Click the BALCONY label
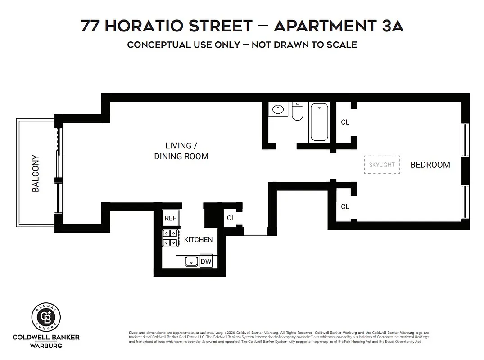tap(36, 174)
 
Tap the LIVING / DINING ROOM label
tap(181, 151)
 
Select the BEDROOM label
tap(430, 165)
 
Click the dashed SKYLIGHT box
tap(382, 165)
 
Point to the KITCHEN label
tap(198, 239)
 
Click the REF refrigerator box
tap(171, 218)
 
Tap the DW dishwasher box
tap(206, 261)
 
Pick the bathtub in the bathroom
tap(319, 121)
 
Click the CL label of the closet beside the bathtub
tap(345, 122)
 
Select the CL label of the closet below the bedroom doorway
tap(345, 207)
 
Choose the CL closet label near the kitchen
tap(231, 218)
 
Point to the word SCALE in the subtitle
tap(340, 45)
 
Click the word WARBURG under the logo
tap(46, 346)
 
